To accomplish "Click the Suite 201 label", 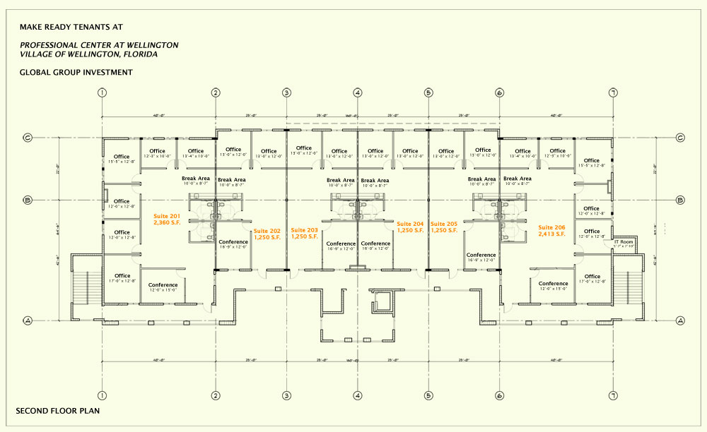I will pos(168,220).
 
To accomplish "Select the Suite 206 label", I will pos(551,231).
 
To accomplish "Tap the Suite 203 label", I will pos(305,234).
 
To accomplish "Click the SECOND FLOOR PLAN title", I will pos(58,410).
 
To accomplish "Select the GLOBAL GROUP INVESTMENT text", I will pos(76,72).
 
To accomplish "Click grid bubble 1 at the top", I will pos(103,92).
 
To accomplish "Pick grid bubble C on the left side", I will pos(28,138).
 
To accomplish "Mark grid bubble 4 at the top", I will pos(358,92).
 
